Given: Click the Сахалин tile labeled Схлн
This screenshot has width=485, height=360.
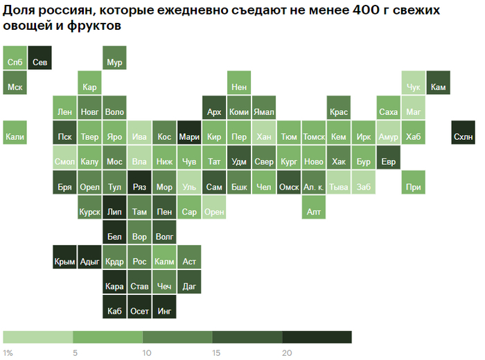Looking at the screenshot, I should tap(463, 136).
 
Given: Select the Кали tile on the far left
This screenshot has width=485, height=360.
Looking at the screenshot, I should tap(15, 136).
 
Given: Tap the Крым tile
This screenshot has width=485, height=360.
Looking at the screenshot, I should tap(64, 261).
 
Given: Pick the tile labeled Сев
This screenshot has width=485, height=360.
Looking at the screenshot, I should tap(39, 62).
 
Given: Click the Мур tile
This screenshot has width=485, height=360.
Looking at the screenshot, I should tap(114, 62).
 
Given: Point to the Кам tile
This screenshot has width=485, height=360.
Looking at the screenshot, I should tap(438, 87).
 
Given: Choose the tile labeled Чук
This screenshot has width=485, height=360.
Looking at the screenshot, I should tap(414, 87).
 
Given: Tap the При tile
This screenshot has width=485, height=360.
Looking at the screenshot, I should tap(414, 186).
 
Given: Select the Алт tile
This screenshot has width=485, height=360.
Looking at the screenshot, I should tap(314, 211).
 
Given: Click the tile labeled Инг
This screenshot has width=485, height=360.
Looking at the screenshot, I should tap(164, 311).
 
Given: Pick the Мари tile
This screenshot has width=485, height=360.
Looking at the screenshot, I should tap(189, 136).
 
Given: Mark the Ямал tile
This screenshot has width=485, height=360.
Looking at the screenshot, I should tap(264, 111).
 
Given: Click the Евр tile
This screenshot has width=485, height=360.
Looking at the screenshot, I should tap(389, 161).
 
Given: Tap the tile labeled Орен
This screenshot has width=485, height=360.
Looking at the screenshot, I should tap(214, 211).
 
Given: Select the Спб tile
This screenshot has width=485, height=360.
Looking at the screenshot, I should tap(15, 62).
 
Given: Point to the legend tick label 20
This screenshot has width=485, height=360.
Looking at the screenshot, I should tap(286, 353).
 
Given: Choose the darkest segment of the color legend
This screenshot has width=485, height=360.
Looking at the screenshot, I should tap(317, 337).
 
